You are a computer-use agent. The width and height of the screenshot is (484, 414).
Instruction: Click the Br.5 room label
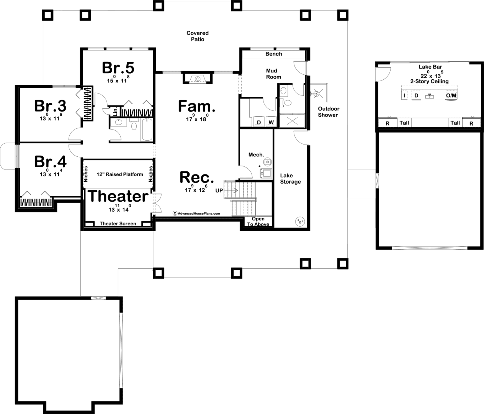pyautogui.click(x=118, y=68)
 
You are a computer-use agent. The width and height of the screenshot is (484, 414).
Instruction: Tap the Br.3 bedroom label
pyautogui.click(x=50, y=106)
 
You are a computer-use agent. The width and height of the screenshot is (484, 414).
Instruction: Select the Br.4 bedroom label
pyautogui.click(x=50, y=161)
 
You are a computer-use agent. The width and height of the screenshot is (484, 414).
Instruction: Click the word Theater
pyautogui.click(x=118, y=196)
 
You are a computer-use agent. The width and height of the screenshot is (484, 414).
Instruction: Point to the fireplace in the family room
pyautogui.click(x=198, y=78)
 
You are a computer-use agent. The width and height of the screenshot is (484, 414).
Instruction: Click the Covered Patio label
pyautogui.click(x=198, y=36)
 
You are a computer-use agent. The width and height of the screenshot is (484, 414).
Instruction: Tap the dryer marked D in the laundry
pyautogui.click(x=259, y=122)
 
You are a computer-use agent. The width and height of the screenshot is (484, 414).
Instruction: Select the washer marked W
pyautogui.click(x=271, y=122)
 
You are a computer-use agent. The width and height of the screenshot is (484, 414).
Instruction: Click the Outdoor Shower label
pyautogui.click(x=328, y=112)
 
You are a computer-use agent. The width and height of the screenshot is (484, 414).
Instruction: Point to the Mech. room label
pyautogui.click(x=256, y=155)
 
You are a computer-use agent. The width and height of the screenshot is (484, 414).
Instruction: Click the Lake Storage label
pyautogui.click(x=290, y=179)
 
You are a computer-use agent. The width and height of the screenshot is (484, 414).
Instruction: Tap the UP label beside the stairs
pyautogui.click(x=219, y=191)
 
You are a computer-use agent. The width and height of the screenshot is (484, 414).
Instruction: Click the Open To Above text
pyautogui.click(x=258, y=222)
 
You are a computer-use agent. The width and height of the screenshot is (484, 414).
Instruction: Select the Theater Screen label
pyautogui.click(x=118, y=223)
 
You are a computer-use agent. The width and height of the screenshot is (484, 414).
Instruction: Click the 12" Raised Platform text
pyautogui.click(x=120, y=174)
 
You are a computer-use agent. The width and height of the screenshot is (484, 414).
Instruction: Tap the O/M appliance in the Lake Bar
pyautogui.click(x=451, y=95)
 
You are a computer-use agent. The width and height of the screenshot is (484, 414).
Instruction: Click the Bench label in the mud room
pyautogui.click(x=274, y=54)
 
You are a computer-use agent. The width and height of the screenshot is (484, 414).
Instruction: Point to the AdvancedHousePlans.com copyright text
pyautogui.click(x=196, y=214)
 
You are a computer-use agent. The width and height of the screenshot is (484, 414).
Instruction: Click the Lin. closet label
pyautogui.click(x=115, y=112)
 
